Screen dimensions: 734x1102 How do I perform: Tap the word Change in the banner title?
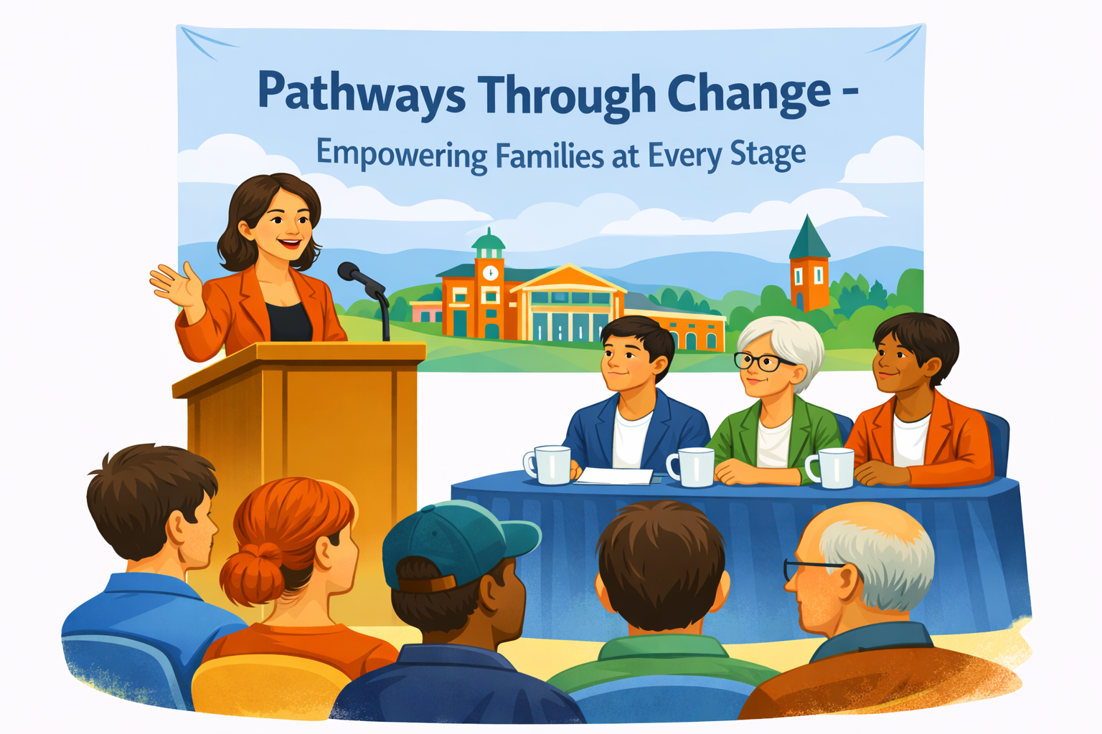pos(749,93)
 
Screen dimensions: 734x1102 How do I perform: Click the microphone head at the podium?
pos(349,272)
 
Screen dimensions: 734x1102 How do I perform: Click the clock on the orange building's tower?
pos(490,272)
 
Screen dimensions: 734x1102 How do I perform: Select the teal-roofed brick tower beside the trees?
pos(809,265)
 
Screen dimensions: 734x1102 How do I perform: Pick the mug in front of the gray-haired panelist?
pos(692,467)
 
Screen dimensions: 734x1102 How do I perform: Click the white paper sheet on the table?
pos(614,476)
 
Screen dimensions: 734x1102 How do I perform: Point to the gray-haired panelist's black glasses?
pos(763,361)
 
